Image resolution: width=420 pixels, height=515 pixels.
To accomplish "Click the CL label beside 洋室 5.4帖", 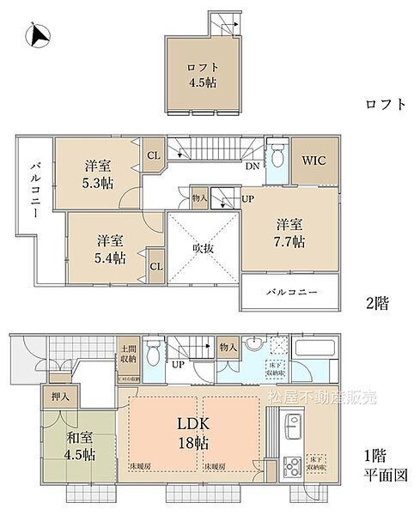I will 156,265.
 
